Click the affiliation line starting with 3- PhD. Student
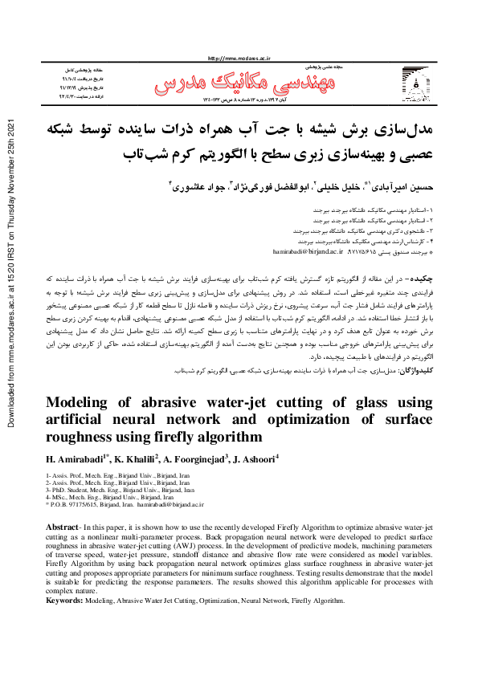coord(121,489)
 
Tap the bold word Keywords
coord(65,600)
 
